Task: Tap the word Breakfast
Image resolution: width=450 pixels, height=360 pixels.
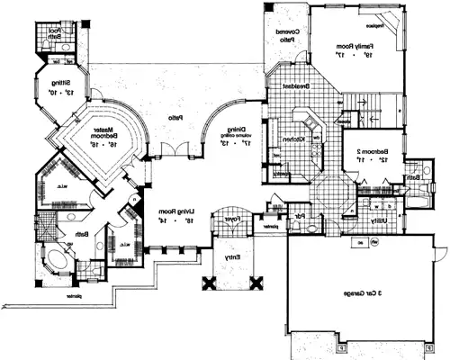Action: (x=296, y=85)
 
